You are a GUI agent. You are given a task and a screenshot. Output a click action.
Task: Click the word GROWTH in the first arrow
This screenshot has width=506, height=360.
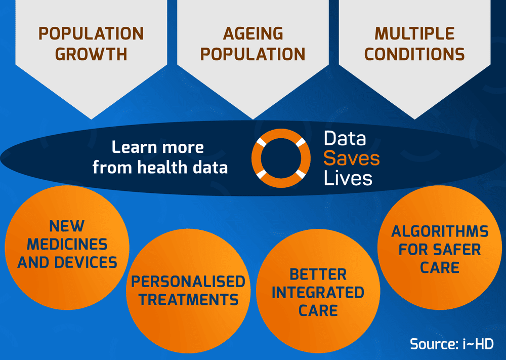click(91, 54)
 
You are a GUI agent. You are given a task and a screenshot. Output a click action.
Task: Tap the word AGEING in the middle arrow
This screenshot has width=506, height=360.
click(253, 34)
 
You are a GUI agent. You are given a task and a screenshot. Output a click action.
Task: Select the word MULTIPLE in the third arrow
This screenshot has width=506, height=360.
click(414, 34)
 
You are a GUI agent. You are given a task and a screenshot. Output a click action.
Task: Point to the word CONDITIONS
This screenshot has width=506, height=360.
click(414, 54)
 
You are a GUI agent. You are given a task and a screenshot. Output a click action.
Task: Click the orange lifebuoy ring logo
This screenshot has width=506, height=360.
click(280, 157)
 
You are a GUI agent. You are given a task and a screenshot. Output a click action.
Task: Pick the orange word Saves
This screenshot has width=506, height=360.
click(351, 158)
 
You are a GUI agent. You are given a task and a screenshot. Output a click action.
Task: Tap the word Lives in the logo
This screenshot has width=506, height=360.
click(348, 178)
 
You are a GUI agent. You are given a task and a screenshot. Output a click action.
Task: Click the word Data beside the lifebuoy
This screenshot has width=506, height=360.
click(345, 138)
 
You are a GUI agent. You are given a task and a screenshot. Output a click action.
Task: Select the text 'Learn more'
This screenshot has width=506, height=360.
click(158, 147)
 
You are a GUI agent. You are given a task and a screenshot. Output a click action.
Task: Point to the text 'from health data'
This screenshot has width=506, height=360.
click(160, 167)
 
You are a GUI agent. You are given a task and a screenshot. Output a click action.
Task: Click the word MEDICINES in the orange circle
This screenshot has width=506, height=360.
click(67, 244)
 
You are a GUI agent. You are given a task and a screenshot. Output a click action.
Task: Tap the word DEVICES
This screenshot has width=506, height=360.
click(89, 262)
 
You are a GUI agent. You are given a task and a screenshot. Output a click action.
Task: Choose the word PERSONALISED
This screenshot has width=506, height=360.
click(188, 282)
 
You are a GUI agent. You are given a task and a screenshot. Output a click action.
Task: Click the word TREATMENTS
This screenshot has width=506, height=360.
click(188, 299)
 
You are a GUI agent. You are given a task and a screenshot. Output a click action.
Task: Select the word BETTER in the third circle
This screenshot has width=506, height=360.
click(318, 274)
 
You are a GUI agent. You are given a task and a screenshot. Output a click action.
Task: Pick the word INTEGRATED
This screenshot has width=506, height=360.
click(318, 293)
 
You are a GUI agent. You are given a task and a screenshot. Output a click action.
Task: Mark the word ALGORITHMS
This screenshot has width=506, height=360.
click(440, 231)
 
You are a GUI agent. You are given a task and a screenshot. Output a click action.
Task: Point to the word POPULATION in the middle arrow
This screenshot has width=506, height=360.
click(253, 54)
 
